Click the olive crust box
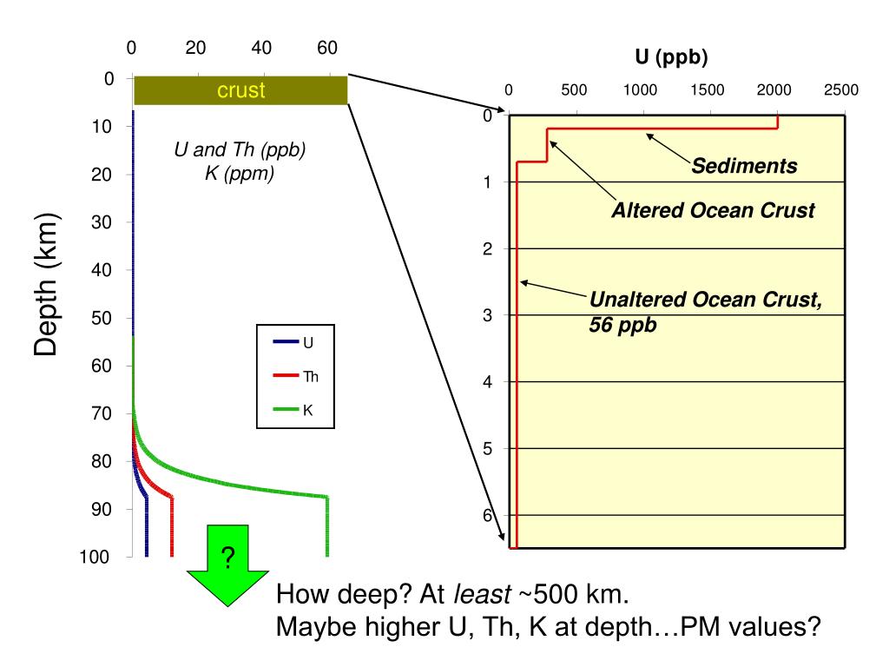(x=240, y=90)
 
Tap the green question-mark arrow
(x=227, y=560)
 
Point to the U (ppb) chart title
(x=671, y=58)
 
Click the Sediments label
(x=744, y=166)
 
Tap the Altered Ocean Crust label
(x=714, y=211)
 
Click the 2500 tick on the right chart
(x=840, y=90)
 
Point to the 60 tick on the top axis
(x=326, y=48)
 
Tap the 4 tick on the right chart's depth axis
(x=488, y=381)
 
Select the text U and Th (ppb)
(x=240, y=149)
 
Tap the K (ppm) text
(x=239, y=174)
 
